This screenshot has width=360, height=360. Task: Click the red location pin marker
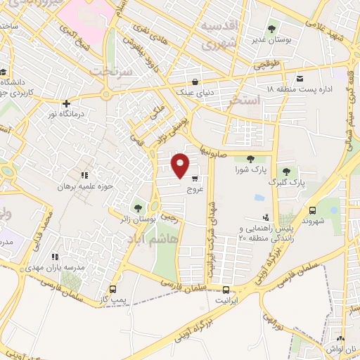[181, 165]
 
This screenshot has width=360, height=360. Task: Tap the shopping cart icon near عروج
[194, 178]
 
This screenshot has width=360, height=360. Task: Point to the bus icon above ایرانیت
[226, 289]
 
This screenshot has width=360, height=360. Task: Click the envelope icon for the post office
[300, 78]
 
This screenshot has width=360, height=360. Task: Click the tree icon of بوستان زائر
[138, 209]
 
